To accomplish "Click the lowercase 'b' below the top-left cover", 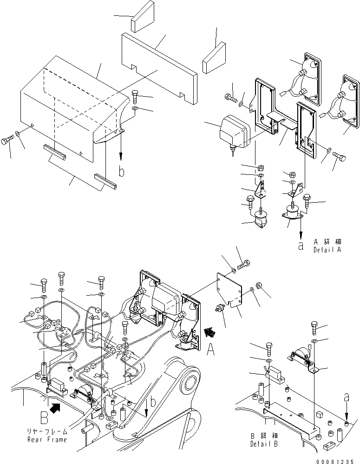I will point(121,172).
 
